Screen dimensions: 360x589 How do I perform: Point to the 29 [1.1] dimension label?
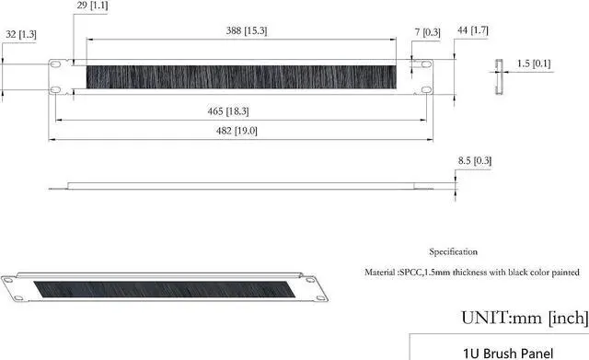point(92,6)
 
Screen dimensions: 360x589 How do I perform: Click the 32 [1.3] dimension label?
point(22,34)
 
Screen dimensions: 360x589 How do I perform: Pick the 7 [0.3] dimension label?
point(427,33)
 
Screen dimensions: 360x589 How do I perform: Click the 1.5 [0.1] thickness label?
point(534,64)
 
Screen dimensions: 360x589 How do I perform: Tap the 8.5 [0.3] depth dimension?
point(475,161)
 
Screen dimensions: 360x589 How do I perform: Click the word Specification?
point(453,251)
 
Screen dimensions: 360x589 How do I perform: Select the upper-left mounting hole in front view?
point(57,64)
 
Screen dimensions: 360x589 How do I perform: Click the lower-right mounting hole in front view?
point(426,89)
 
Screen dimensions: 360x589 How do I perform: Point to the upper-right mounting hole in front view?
point(426,64)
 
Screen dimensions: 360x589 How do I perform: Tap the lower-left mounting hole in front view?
point(57,89)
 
